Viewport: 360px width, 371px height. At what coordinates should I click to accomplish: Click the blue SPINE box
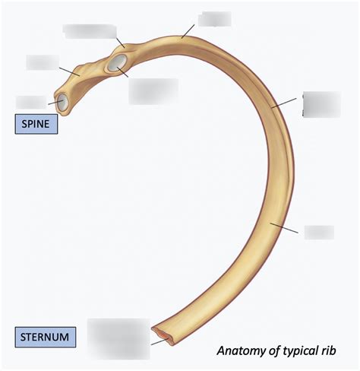tap(36, 124)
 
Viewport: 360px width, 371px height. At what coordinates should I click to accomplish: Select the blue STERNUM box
tap(46, 337)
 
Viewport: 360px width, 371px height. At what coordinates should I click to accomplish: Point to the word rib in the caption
tap(328, 350)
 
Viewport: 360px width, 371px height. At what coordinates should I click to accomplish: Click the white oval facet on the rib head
tap(62, 101)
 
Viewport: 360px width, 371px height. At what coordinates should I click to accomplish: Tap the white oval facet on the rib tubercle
tap(117, 62)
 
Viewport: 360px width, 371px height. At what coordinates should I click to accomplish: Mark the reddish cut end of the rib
tap(163, 336)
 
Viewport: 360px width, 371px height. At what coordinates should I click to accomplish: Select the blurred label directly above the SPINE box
tap(31, 102)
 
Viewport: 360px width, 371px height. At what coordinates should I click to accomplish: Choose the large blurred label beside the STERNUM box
tap(118, 339)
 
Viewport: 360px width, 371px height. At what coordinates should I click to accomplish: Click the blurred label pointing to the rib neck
tap(43, 62)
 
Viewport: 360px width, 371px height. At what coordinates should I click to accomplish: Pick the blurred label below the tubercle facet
tap(153, 91)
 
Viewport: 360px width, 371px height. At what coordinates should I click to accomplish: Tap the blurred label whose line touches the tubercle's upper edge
tap(90, 31)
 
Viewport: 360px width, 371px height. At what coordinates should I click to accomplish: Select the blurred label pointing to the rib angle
tap(214, 19)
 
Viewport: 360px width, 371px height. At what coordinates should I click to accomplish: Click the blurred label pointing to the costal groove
tap(321, 104)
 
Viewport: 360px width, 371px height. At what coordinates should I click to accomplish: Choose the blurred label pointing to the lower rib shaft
tap(319, 232)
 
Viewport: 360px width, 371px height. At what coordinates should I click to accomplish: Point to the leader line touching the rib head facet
tap(55, 103)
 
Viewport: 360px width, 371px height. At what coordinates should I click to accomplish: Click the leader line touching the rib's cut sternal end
tap(159, 341)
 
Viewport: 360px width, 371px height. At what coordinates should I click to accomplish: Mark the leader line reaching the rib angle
tap(188, 31)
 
